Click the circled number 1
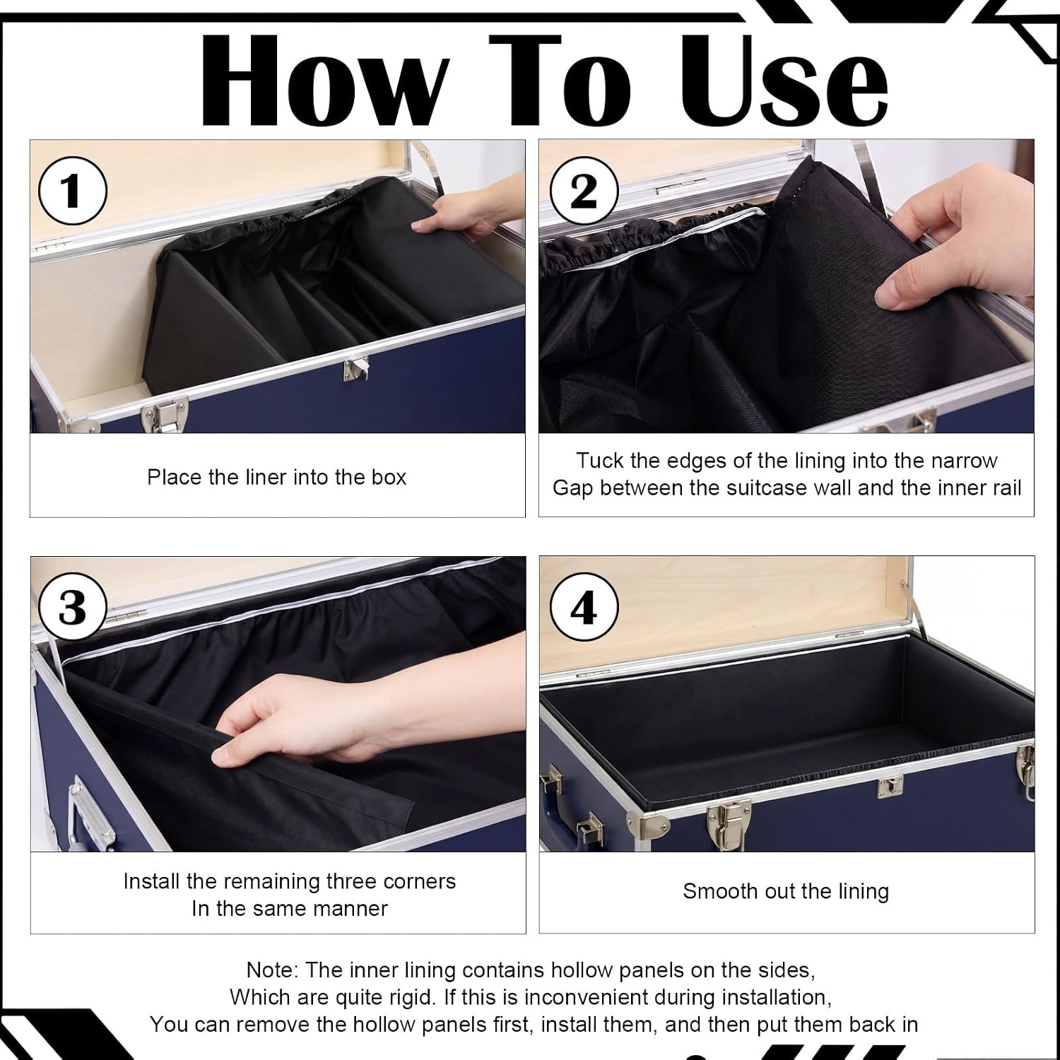(x=72, y=191)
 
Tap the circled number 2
(x=583, y=191)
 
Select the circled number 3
(x=72, y=607)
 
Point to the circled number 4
(x=583, y=607)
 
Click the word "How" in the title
(x=325, y=79)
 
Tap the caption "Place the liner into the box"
(x=276, y=477)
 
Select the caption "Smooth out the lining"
(x=786, y=891)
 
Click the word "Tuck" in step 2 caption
(x=599, y=461)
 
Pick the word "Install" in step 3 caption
(x=152, y=881)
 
